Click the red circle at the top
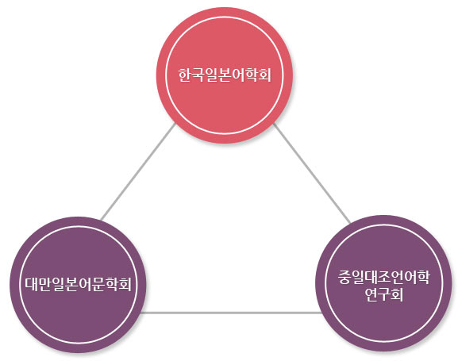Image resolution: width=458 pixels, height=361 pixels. pyautogui.click(x=225, y=75)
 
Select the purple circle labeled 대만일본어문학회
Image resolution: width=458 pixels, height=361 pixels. pyautogui.click(x=78, y=285)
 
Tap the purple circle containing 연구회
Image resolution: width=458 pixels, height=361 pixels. pyautogui.click(x=384, y=283)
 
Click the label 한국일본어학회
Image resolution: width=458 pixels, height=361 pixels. pyautogui.click(x=225, y=75)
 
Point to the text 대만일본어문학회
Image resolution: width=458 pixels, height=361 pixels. pyautogui.click(x=78, y=283)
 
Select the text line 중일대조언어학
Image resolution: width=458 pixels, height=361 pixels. pyautogui.click(x=384, y=277)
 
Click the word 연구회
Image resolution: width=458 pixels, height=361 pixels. pyautogui.click(x=384, y=294)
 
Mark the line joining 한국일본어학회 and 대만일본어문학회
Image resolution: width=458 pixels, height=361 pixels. pyautogui.click(x=138, y=171)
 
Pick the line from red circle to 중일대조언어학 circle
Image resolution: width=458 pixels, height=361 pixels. pyautogui.click(x=311, y=173)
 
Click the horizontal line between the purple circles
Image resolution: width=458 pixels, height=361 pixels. pyautogui.click(x=231, y=313)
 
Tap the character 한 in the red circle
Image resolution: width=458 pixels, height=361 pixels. pyautogui.click(x=185, y=75)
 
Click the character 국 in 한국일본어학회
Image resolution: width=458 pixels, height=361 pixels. pyautogui.click(x=198, y=75)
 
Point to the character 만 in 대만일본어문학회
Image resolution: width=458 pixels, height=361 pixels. pyautogui.click(x=44, y=283)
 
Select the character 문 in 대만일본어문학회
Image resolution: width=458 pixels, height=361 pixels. pyautogui.click(x=98, y=284)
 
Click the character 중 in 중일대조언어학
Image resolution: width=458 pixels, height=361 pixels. pyautogui.click(x=344, y=277)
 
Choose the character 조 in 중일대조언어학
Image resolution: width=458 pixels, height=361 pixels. pyautogui.click(x=384, y=277)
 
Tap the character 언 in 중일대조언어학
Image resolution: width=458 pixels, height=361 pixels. pyautogui.click(x=397, y=277)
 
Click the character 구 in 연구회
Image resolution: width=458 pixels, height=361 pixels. pyautogui.click(x=384, y=294)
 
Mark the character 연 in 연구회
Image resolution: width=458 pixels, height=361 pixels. pyautogui.click(x=371, y=294)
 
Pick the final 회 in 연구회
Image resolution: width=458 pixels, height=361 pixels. pyautogui.click(x=397, y=294)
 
